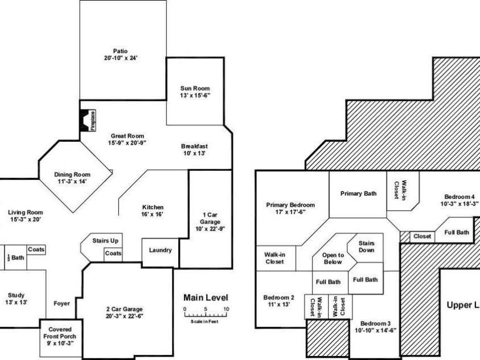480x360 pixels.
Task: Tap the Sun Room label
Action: point(195,92)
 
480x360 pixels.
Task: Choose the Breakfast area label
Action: point(194,149)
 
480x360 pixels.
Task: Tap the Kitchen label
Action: point(153,211)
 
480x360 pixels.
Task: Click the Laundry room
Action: point(160,251)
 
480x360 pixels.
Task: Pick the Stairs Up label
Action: point(105,241)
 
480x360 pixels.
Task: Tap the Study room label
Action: point(17,298)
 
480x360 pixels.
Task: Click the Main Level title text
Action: point(206,297)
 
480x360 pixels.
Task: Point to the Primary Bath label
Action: point(358,194)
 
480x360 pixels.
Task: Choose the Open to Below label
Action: point(333,259)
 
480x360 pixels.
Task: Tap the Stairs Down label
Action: point(367,247)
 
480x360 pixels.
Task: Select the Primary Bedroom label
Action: point(290,208)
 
